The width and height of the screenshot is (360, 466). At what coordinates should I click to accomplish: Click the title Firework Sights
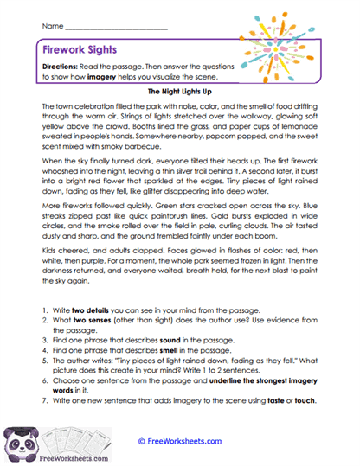click(x=84, y=51)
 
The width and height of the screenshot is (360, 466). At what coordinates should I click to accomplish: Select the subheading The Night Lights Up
click(x=179, y=89)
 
